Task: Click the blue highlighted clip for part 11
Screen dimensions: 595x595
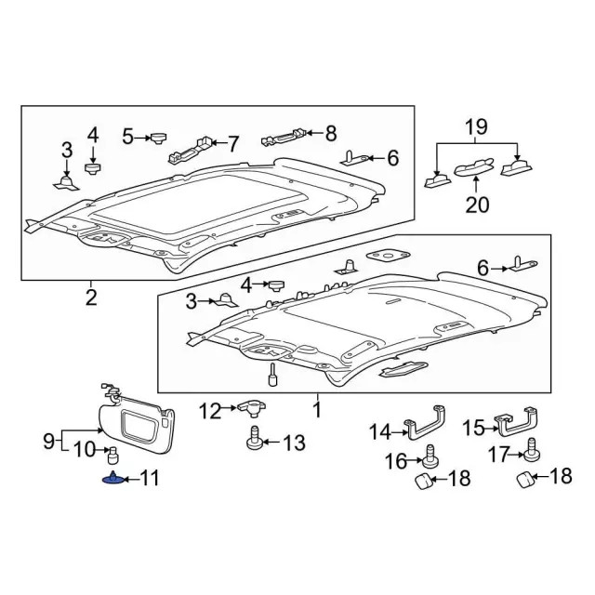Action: (x=112, y=479)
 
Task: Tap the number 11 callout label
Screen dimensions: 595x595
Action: (x=149, y=479)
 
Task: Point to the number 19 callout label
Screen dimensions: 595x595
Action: (x=476, y=126)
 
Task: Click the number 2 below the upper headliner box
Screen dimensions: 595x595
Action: (x=90, y=297)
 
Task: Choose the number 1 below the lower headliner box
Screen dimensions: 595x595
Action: (x=316, y=408)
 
